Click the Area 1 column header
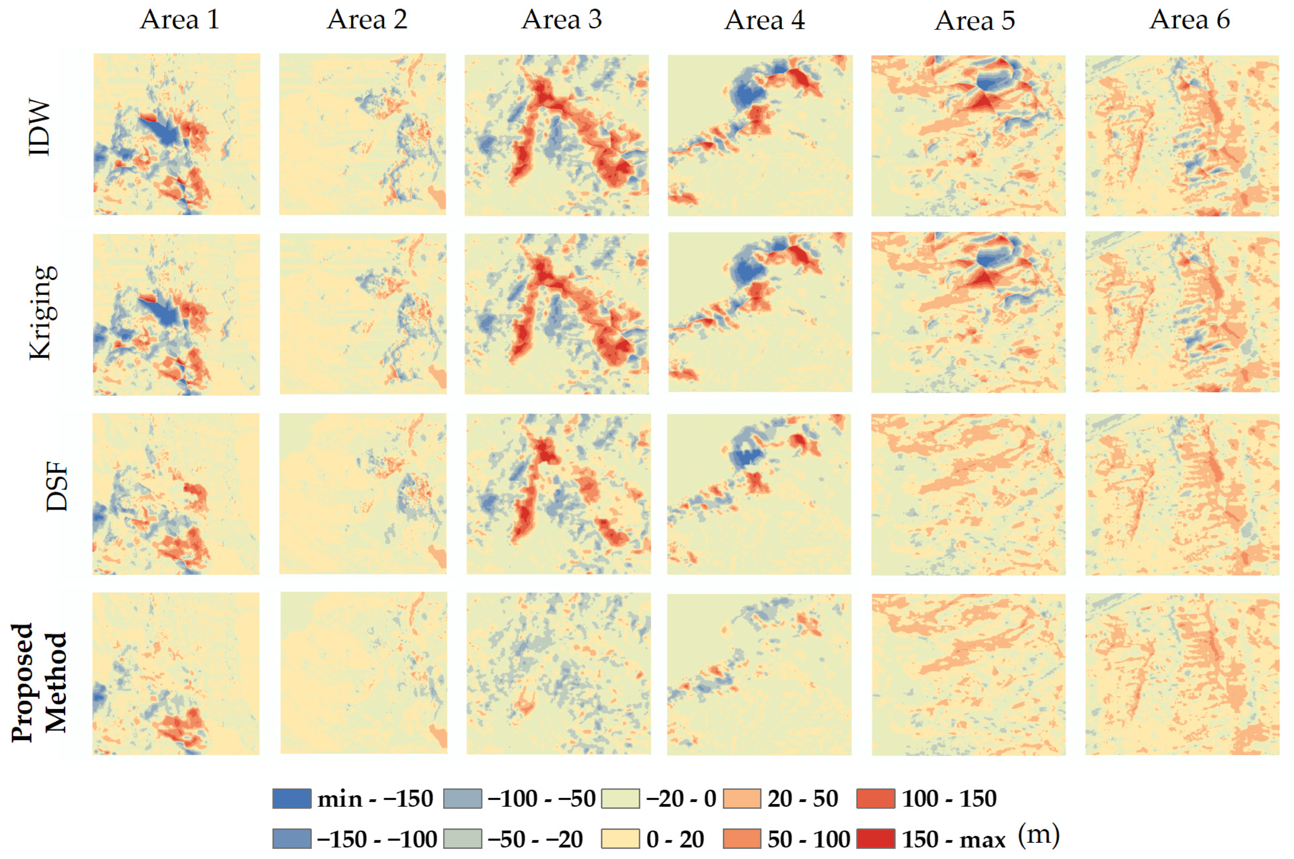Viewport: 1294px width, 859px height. click(x=179, y=20)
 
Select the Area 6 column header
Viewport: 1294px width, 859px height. click(x=1189, y=20)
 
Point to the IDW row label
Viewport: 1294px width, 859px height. click(x=39, y=127)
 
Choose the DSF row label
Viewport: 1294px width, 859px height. click(x=56, y=487)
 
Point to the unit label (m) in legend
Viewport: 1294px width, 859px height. click(x=1039, y=835)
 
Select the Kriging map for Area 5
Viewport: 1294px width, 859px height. click(x=968, y=312)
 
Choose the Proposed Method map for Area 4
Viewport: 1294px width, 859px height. click(x=759, y=674)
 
